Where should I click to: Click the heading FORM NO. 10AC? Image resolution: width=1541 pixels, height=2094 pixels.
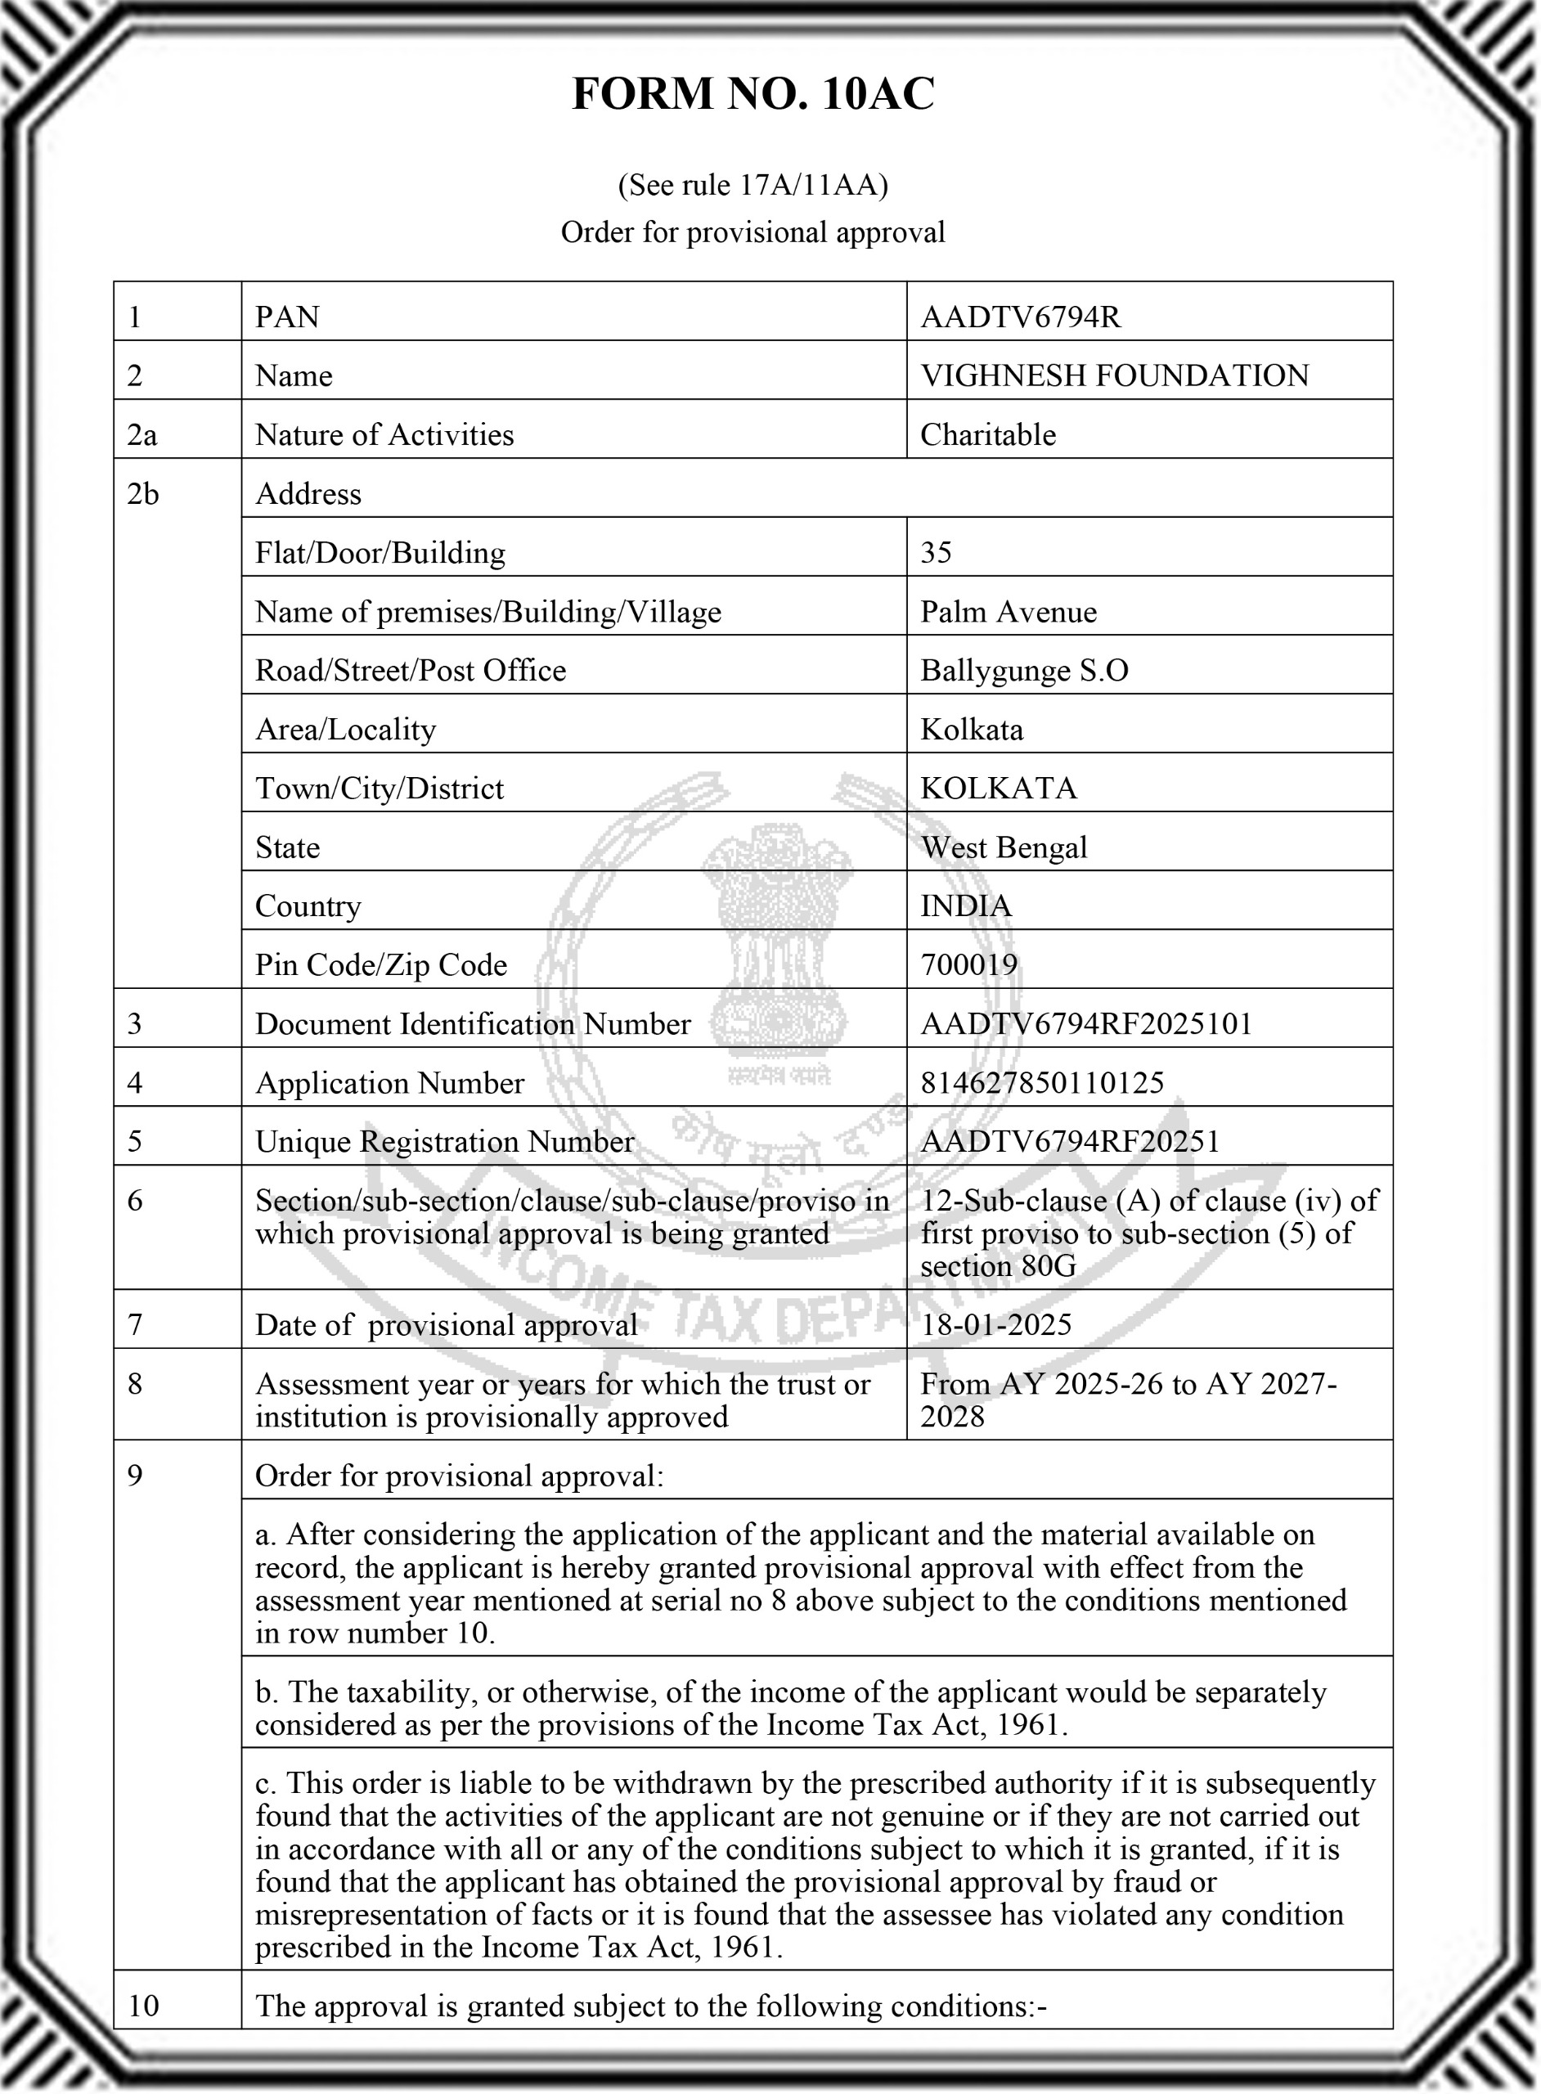click(x=753, y=94)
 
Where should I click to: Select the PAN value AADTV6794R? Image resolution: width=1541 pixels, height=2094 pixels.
click(x=1021, y=317)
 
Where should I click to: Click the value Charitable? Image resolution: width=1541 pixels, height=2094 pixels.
click(x=988, y=434)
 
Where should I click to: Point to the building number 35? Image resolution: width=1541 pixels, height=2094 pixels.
click(x=936, y=553)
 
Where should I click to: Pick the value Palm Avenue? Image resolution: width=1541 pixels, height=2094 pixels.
click(x=1009, y=612)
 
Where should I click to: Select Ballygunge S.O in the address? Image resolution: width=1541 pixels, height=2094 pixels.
click(x=1024, y=671)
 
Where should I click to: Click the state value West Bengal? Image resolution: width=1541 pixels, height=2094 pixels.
click(x=1004, y=847)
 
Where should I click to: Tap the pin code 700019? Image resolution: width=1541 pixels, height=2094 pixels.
click(x=969, y=964)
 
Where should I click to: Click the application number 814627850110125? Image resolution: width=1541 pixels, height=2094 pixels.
click(x=1042, y=1083)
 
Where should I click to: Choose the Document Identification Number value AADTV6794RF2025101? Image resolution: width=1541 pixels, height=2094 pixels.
click(x=1085, y=1024)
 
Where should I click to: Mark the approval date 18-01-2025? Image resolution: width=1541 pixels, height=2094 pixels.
click(x=996, y=1324)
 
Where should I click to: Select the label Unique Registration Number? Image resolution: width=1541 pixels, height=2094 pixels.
click(x=445, y=1142)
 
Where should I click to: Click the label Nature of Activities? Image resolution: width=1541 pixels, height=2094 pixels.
click(x=384, y=434)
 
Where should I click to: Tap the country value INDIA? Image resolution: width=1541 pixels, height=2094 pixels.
click(x=965, y=905)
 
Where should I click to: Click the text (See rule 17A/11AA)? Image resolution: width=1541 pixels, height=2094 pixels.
click(x=753, y=186)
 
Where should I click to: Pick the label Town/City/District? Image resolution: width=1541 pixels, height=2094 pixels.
click(x=380, y=789)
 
